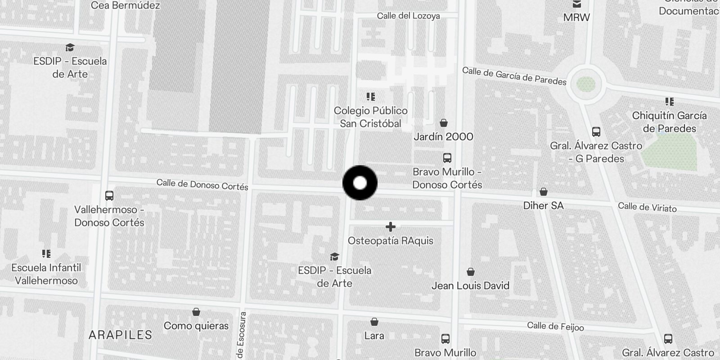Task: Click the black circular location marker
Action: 360,183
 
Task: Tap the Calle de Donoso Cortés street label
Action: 202,184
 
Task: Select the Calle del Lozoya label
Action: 408,16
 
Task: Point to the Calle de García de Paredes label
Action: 514,76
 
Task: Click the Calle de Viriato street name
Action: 647,207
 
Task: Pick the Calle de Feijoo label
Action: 555,326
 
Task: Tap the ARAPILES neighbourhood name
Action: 120,335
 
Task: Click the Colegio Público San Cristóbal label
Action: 371,117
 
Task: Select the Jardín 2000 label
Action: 443,137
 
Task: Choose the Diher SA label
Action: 543,206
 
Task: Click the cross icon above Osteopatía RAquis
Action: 391,227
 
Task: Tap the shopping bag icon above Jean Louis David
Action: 470,272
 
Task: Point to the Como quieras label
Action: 196,326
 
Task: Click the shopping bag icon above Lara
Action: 374,322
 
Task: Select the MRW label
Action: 576,18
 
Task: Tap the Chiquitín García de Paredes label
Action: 669,122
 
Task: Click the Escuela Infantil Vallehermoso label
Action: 46,274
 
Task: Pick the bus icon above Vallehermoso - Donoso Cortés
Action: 109,196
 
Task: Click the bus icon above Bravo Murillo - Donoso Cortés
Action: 447,158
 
